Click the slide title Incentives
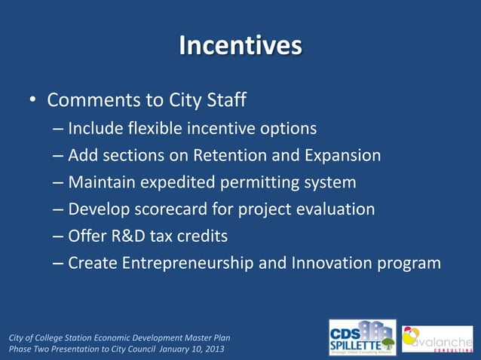click(x=240, y=46)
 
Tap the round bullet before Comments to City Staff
click(x=32, y=100)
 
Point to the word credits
click(x=200, y=236)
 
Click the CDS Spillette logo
click(x=362, y=337)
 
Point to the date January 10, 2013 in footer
click(x=185, y=349)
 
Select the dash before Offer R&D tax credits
click(x=58, y=236)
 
